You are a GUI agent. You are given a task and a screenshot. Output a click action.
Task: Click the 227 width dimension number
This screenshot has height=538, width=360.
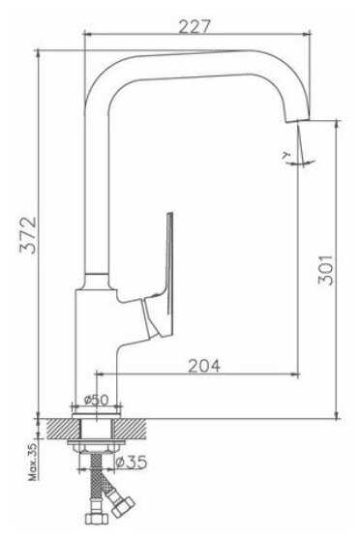click(x=194, y=26)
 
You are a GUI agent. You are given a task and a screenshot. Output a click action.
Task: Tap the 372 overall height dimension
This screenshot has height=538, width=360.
click(x=28, y=235)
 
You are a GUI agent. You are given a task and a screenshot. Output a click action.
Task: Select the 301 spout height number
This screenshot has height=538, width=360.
click(x=325, y=270)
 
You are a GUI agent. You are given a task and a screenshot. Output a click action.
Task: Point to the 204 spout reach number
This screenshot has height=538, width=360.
click(x=204, y=366)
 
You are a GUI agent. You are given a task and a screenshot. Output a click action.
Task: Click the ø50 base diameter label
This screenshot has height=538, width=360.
click(x=96, y=400)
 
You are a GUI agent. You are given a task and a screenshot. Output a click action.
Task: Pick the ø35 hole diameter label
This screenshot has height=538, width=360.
click(x=131, y=463)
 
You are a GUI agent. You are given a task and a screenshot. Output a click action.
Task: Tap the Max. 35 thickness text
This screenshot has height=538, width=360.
click(x=33, y=462)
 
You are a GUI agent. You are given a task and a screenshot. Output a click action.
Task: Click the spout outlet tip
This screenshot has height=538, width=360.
click(x=297, y=120)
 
